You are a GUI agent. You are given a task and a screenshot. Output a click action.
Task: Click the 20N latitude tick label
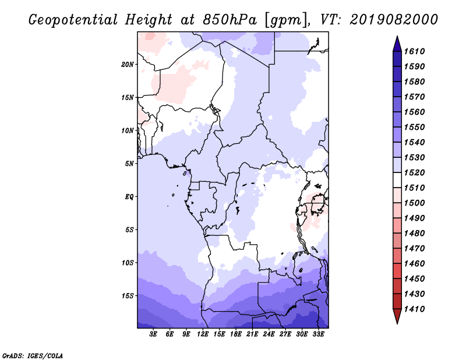click(x=128, y=65)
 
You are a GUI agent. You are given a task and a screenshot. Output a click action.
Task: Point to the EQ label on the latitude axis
click(x=129, y=197)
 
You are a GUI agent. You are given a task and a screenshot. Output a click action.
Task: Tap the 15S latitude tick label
click(x=128, y=296)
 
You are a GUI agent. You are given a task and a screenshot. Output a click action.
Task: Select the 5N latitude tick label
click(x=129, y=164)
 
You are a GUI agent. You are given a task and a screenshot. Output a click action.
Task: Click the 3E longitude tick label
click(x=153, y=334)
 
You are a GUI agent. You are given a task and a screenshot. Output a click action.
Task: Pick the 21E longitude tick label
click(x=252, y=334)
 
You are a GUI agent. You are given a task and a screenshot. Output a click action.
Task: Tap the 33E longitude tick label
click(x=318, y=334)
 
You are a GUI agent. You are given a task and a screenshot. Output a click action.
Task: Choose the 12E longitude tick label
click(x=202, y=334)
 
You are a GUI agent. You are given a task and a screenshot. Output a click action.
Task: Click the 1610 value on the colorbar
click(x=414, y=51)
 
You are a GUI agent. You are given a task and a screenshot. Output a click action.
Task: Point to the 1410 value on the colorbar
click(x=414, y=309)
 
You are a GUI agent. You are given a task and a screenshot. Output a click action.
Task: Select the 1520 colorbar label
click(x=414, y=172)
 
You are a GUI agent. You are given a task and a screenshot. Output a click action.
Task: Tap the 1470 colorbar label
click(x=414, y=249)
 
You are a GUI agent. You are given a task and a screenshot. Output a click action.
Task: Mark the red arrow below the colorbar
click(x=397, y=315)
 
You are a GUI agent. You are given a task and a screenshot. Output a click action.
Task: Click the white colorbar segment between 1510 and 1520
click(x=397, y=180)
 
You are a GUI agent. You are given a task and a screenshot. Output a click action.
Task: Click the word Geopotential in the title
click(x=73, y=20)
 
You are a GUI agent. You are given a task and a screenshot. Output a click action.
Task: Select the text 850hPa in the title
click(x=230, y=20)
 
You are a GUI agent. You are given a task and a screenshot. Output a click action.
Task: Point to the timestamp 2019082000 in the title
click(x=394, y=20)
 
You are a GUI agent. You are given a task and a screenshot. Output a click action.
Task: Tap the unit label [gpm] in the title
click(x=287, y=20)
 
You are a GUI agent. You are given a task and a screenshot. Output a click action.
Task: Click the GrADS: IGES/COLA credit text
click(x=33, y=356)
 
